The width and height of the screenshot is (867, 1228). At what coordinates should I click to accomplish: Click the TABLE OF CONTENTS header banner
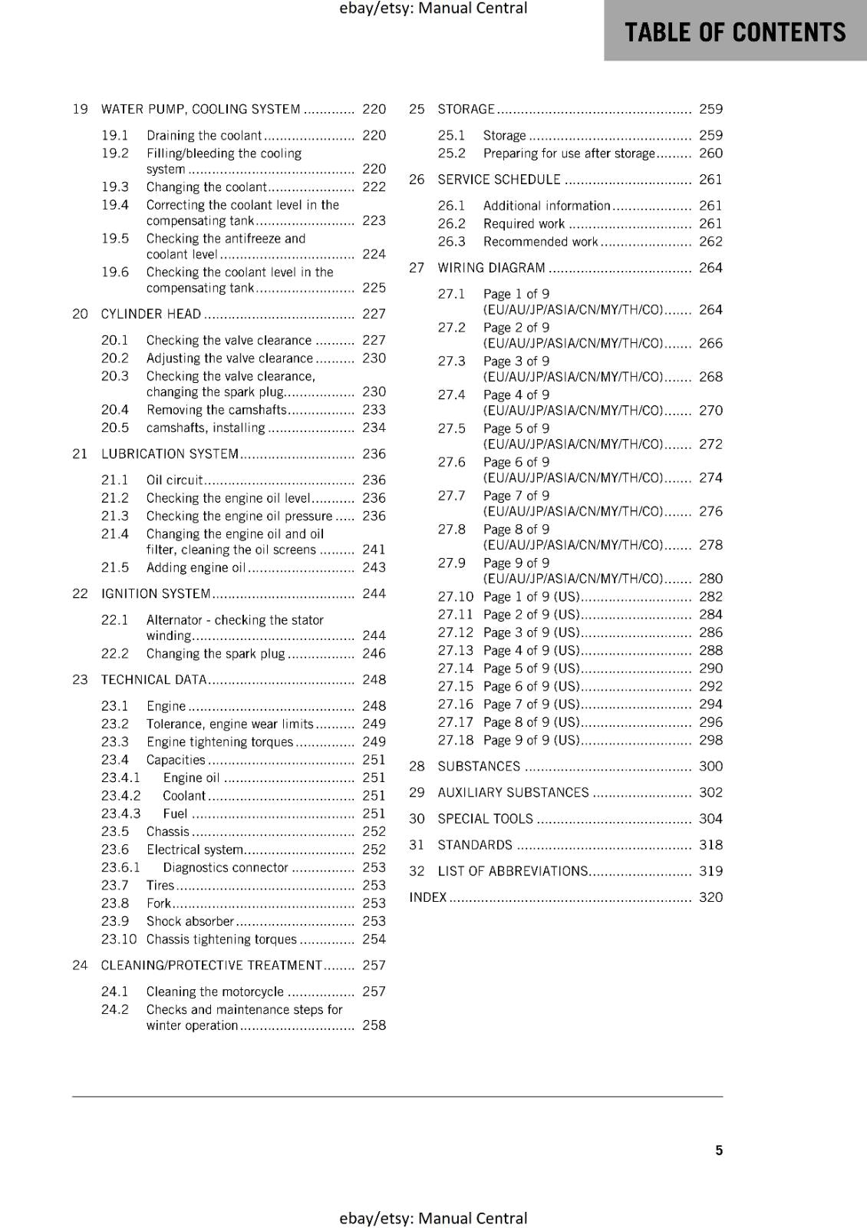coord(735,31)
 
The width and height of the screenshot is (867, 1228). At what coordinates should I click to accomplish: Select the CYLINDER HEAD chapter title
coord(151,314)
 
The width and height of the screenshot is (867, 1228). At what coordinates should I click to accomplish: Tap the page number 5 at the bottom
coord(719,1150)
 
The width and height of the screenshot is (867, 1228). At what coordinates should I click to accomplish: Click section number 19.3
coord(114,187)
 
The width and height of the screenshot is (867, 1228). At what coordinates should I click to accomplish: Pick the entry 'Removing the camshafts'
coord(216,410)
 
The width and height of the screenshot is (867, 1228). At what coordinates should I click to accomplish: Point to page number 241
coord(374,550)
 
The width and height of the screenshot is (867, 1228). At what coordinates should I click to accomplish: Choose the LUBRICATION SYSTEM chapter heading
coord(170,454)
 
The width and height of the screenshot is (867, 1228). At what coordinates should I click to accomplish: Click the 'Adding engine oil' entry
coord(196,568)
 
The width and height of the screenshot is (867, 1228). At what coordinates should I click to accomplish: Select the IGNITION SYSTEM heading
coord(156,593)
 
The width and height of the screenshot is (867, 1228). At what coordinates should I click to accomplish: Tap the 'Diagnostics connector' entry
coord(226,867)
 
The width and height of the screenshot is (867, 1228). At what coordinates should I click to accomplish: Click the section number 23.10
coord(118,939)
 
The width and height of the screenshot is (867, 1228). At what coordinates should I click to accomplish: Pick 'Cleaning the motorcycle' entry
coord(215,992)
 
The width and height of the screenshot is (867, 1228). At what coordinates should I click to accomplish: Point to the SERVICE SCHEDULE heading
coord(499,180)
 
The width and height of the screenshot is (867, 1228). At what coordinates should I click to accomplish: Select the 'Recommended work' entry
coord(540,242)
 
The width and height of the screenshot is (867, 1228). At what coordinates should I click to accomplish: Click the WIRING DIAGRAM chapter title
coord(491,268)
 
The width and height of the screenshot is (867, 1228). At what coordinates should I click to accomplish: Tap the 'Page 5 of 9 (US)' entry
coord(531,668)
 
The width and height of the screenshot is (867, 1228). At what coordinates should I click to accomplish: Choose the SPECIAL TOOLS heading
coord(485,819)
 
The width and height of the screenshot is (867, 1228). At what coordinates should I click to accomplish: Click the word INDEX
coord(427,897)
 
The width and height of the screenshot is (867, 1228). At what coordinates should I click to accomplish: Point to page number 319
coord(710,871)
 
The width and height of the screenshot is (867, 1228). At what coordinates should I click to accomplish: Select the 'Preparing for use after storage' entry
coord(569,153)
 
